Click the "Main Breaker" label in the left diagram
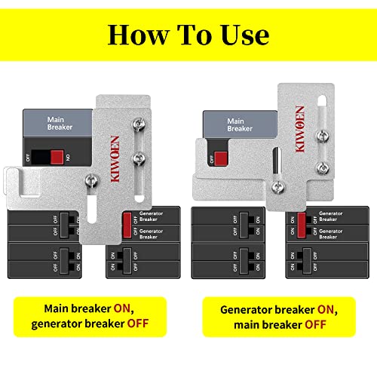[61, 124]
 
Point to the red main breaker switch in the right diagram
[221, 158]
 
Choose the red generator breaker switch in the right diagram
[302, 222]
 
